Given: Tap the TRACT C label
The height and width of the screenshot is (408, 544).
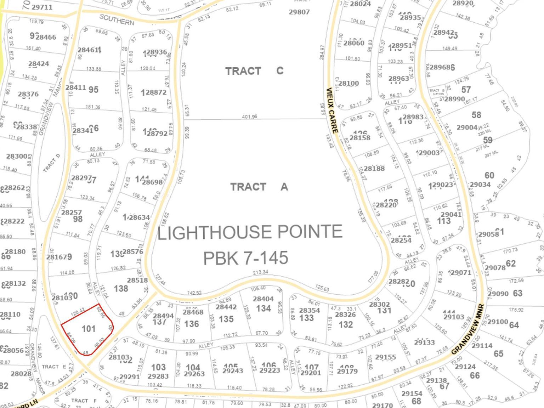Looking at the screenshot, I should pyautogui.click(x=254, y=71).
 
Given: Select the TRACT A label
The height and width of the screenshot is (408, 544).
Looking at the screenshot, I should pyautogui.click(x=259, y=187).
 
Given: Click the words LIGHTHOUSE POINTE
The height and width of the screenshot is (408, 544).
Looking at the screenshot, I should pyautogui.click(x=250, y=232).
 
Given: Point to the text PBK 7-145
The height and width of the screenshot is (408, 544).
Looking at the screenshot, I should pyautogui.click(x=245, y=258).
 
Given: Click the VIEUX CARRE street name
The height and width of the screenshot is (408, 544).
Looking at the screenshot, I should pyautogui.click(x=332, y=110).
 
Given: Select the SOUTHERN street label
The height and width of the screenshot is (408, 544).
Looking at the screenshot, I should pyautogui.click(x=117, y=20).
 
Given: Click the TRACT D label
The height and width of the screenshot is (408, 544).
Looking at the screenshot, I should pyautogui.click(x=52, y=163).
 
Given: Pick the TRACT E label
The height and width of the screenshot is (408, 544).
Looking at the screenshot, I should pyautogui.click(x=54, y=367).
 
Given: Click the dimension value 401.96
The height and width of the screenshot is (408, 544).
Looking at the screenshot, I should pyautogui.click(x=249, y=117).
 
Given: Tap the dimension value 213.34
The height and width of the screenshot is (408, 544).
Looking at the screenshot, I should pyautogui.click(x=260, y=272).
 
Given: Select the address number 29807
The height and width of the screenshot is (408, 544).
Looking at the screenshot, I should pyautogui.click(x=299, y=12).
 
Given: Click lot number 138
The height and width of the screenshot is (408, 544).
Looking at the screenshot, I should pyautogui.click(x=121, y=289).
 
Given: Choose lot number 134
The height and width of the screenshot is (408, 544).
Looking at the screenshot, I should pyautogui.click(x=263, y=308).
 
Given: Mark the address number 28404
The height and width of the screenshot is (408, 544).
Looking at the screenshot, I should pyautogui.click(x=263, y=299).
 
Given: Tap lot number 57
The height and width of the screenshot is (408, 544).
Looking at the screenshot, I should pyautogui.click(x=466, y=90).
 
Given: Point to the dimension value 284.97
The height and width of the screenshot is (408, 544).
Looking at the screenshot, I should pyautogui.click(x=322, y=52).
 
